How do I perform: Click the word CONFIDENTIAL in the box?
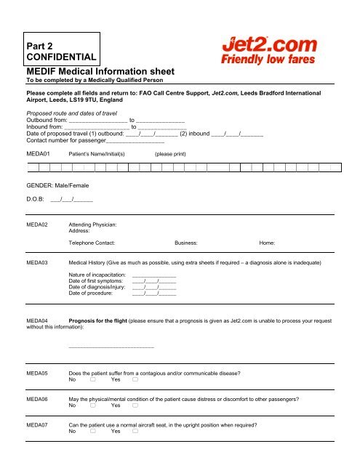(61, 56)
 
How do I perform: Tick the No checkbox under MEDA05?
(92, 379)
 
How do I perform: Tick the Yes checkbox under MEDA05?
(135, 379)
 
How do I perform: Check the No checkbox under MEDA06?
(92, 405)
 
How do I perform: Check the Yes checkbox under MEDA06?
(135, 405)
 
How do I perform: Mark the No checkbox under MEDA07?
(92, 431)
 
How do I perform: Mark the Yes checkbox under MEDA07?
(135, 431)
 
